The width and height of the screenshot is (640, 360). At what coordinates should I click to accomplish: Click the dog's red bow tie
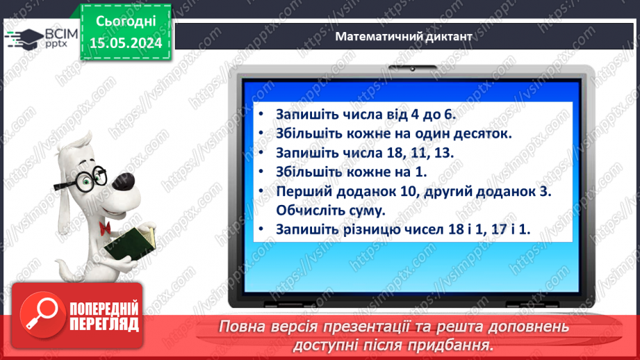pos(106,227)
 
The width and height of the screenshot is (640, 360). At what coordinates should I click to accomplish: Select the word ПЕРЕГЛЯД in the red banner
pos(104,323)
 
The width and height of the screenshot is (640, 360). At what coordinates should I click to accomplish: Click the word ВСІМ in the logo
pos(58,32)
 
